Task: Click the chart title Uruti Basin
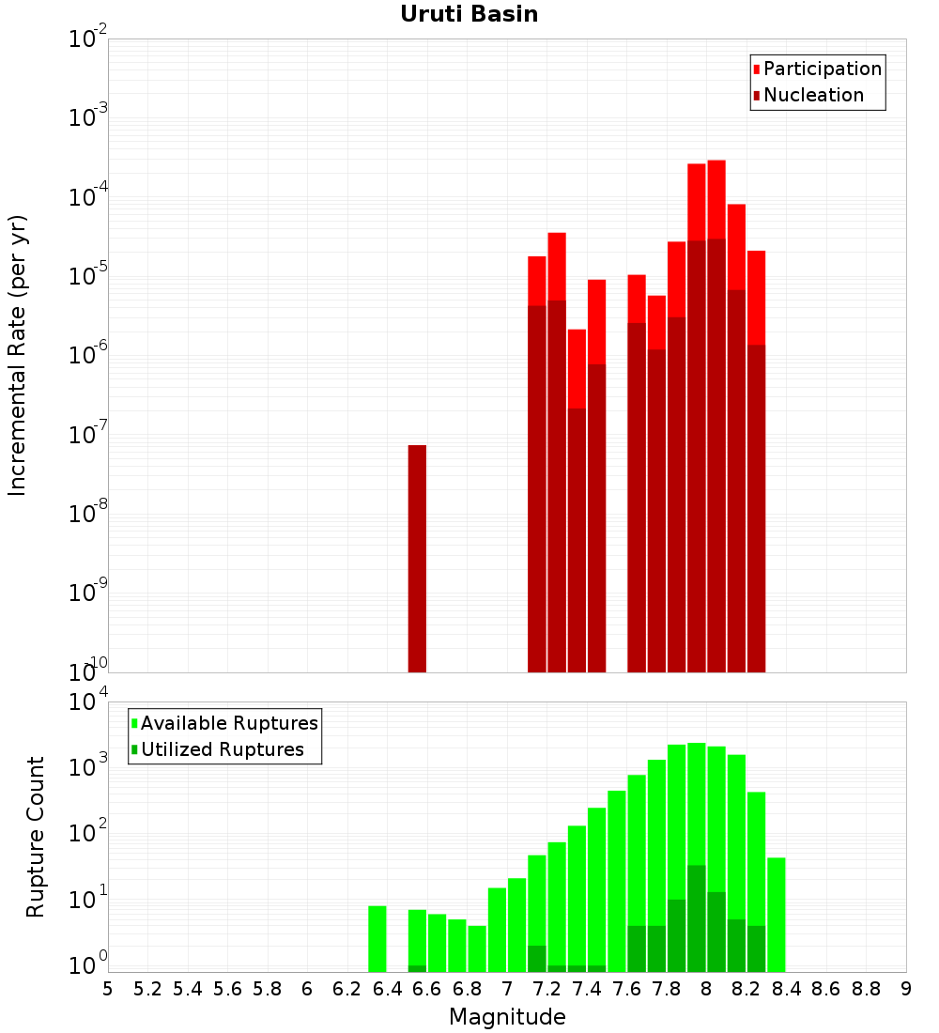pyautogui.click(x=469, y=14)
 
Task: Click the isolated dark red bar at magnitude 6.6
pyautogui.click(x=417, y=559)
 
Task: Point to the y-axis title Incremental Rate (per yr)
pyautogui.click(x=18, y=356)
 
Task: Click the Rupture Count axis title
pyautogui.click(x=36, y=837)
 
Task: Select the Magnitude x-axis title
pyautogui.click(x=507, y=1017)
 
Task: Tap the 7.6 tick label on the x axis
pyautogui.click(x=626, y=990)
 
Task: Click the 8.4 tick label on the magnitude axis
pyautogui.click(x=786, y=990)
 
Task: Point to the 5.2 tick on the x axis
pyautogui.click(x=147, y=990)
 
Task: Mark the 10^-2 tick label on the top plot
pyautogui.click(x=88, y=39)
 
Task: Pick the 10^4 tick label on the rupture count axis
pyautogui.click(x=88, y=702)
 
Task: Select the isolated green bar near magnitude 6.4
pyautogui.click(x=377, y=939)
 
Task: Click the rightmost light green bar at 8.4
pyautogui.click(x=777, y=915)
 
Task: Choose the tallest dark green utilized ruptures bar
pyautogui.click(x=697, y=918)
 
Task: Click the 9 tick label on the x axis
pyautogui.click(x=905, y=990)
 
